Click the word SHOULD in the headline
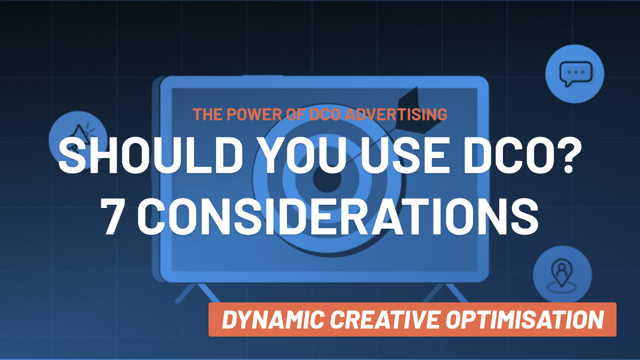[x=150, y=155]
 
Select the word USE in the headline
[x=403, y=155]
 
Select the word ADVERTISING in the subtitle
[x=396, y=114]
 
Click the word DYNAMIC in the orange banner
[x=273, y=319]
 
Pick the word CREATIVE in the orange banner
[x=385, y=319]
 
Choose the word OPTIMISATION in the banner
[x=525, y=319]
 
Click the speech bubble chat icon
[x=575, y=74]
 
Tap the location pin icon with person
[x=562, y=275]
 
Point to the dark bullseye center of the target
[x=327, y=179]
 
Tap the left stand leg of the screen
[x=197, y=293]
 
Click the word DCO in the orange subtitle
[x=325, y=114]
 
